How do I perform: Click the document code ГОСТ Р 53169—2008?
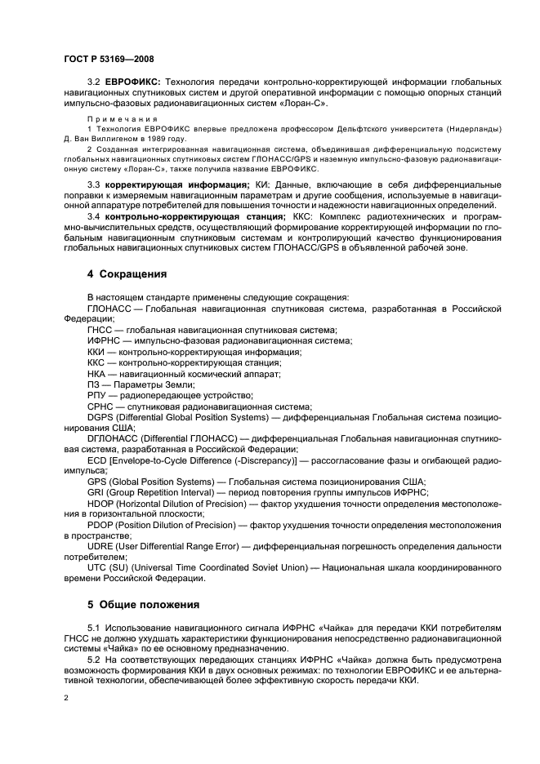point(108,60)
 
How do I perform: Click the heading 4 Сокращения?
point(128,273)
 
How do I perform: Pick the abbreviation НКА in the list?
point(96,373)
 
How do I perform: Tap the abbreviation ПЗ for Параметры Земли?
point(93,384)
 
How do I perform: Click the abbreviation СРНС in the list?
point(98,406)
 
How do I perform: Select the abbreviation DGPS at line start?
point(101,416)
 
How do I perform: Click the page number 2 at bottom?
point(66,698)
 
